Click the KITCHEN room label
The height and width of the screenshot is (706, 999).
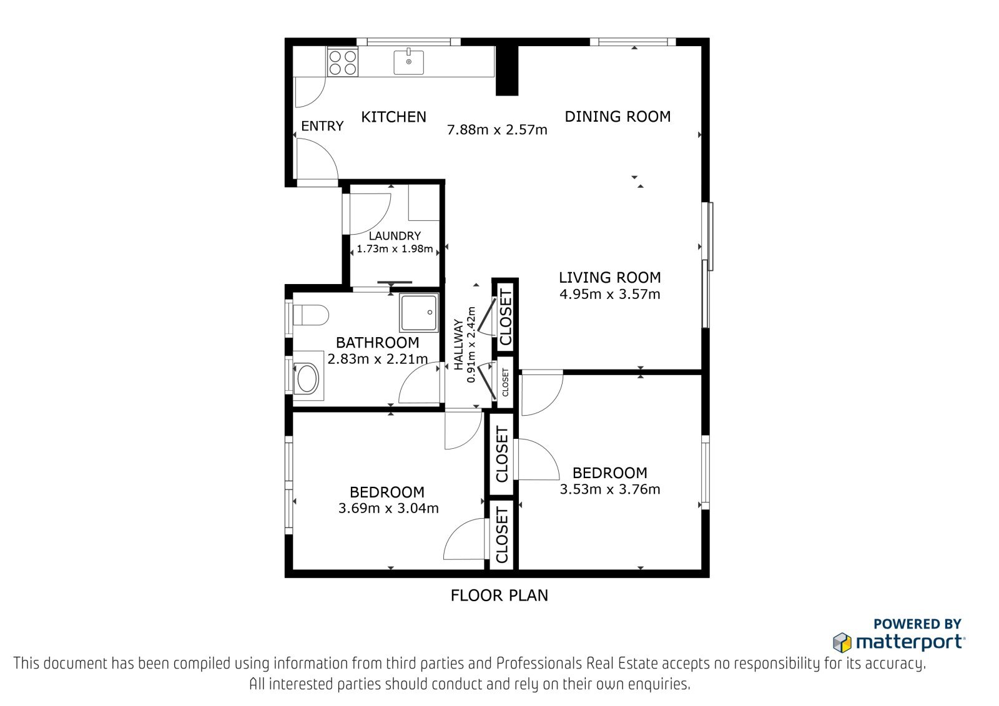[393, 117]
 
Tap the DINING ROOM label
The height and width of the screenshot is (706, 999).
[618, 116]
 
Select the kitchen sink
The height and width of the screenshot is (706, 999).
[408, 62]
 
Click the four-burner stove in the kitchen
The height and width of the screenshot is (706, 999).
[343, 62]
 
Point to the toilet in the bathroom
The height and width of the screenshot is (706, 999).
[311, 315]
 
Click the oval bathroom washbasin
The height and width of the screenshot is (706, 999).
[307, 378]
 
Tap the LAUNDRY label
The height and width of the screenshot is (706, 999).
[395, 235]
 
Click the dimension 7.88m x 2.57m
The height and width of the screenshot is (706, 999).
[497, 130]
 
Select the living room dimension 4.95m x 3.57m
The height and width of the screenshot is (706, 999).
[609, 295]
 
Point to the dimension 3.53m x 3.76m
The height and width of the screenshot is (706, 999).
[609, 489]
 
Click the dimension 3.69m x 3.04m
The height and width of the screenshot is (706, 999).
[388, 508]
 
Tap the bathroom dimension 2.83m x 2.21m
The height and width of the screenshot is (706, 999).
[378, 358]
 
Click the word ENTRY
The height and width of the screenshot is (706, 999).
[322, 126]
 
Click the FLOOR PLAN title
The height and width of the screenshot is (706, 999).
[499, 596]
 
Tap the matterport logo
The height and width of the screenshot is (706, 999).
[899, 642]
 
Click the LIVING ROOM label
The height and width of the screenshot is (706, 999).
[609, 277]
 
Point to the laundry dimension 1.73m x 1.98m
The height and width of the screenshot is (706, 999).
[395, 249]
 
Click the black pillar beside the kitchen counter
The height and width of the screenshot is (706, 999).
[507, 71]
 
